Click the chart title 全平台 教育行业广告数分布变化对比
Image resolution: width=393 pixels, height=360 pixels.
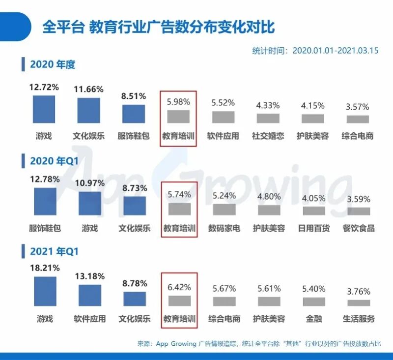point(158,26)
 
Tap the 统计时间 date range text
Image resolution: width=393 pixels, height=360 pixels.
point(315,51)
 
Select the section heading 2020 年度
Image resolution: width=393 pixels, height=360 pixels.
point(52,64)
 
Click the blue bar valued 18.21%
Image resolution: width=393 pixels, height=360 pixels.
point(45,291)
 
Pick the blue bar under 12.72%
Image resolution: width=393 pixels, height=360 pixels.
point(44,109)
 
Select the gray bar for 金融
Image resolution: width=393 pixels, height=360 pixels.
point(314,301)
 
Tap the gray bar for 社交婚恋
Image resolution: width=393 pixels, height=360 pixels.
point(268,118)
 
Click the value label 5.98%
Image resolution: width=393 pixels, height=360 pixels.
point(179,102)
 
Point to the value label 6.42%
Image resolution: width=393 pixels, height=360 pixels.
point(179,287)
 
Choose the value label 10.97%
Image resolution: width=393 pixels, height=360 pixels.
point(90,183)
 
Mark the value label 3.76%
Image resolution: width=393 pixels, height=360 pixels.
point(358,292)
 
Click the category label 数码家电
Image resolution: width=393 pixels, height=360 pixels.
point(224,228)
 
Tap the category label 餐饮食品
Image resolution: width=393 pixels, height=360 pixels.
point(359,228)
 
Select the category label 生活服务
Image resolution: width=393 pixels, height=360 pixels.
point(359,319)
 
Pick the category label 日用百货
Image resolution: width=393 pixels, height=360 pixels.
point(314,228)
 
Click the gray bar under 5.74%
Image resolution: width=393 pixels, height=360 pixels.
point(179,209)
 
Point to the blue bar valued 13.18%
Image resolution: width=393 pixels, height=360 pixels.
point(90,295)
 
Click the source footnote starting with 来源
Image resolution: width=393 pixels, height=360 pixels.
point(259,344)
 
